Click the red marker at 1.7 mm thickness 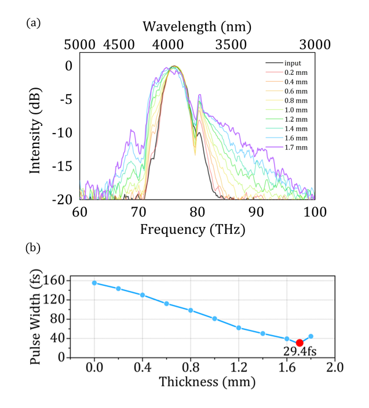coord(299,343)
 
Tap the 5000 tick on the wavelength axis coord(80,45)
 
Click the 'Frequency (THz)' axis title coord(193,229)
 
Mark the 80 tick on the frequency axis coord(198,211)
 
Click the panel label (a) coord(32,23)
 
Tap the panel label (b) coord(32,248)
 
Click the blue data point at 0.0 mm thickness coord(94,283)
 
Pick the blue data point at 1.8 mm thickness coord(311,336)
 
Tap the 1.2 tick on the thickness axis coord(239,368)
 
